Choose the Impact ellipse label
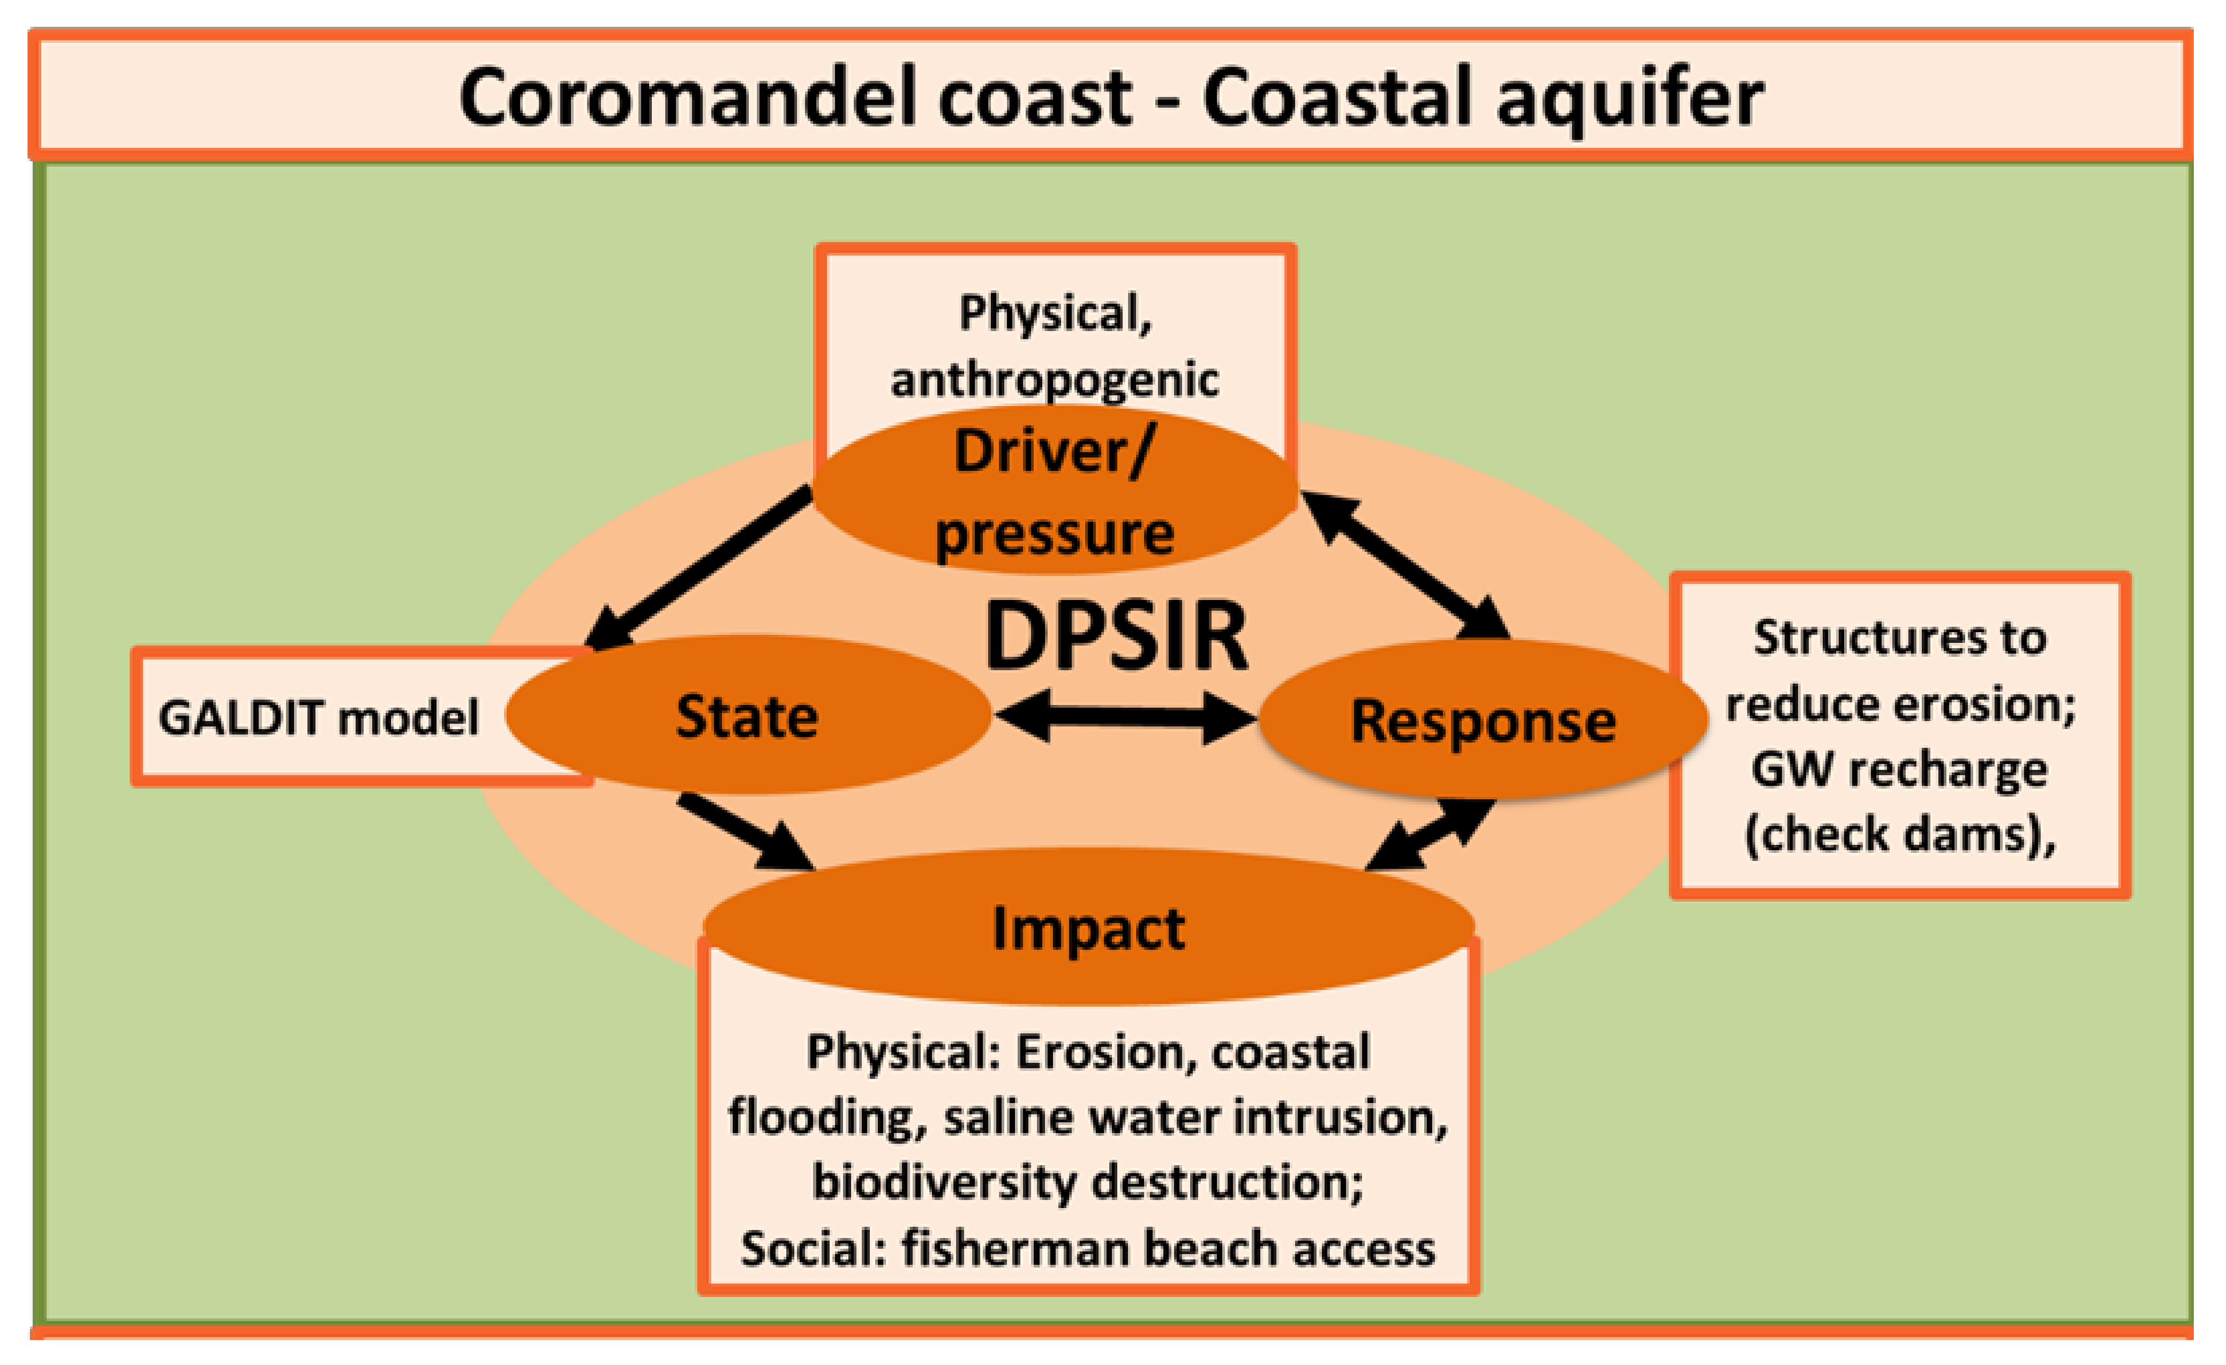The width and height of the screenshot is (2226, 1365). (x=1088, y=929)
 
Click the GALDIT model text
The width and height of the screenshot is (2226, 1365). (x=318, y=718)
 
